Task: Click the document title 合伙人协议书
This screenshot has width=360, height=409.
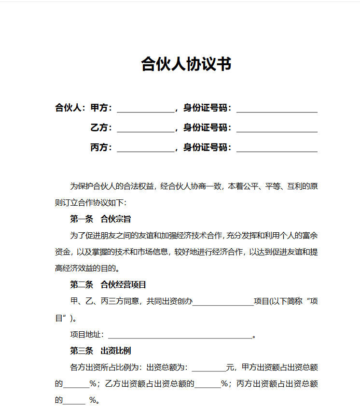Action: pos(186,64)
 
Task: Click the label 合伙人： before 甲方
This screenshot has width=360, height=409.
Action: pos(70,108)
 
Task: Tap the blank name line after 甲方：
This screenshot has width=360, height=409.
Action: pos(145,109)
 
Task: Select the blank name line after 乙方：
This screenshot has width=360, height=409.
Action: pos(145,129)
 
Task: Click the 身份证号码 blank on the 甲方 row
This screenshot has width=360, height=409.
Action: pos(277,109)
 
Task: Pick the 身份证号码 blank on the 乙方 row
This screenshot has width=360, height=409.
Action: pos(277,129)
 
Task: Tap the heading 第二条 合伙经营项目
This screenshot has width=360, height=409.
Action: pos(108,284)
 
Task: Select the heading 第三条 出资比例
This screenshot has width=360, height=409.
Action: pos(100,351)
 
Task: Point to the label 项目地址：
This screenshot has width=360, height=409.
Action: pos(87,335)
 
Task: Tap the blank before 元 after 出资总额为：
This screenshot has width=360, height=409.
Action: pos(208,368)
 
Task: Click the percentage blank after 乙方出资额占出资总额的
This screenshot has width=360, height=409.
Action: pos(208,385)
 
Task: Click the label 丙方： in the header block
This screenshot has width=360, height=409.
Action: pos(101,147)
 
